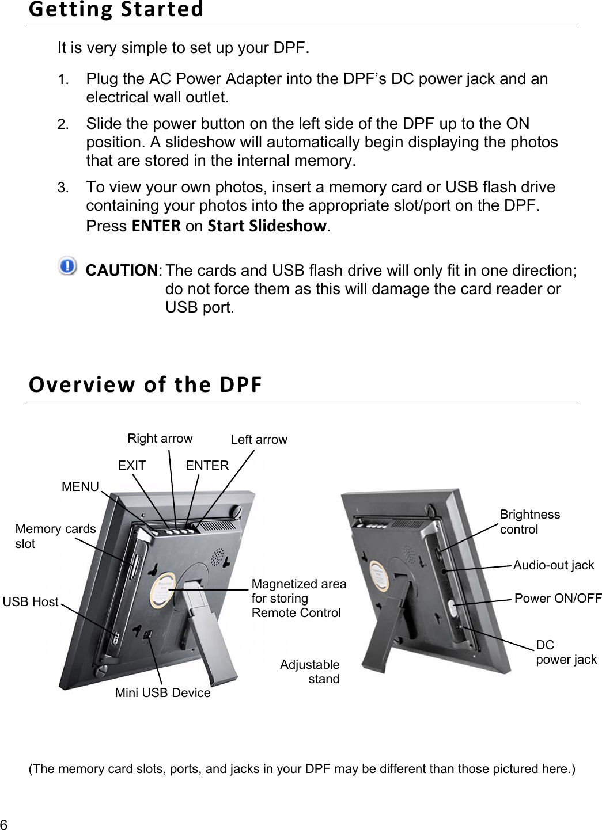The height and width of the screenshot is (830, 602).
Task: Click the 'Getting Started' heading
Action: point(116,10)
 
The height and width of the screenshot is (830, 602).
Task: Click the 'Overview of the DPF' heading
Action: point(145,384)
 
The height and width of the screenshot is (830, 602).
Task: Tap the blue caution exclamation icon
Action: point(67,266)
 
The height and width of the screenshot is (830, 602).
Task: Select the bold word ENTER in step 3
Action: point(156,226)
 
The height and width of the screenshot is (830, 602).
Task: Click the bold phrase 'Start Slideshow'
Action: point(267,226)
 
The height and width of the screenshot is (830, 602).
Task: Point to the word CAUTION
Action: point(122,271)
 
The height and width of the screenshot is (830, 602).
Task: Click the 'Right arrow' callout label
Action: point(160,439)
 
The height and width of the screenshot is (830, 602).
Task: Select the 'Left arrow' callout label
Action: point(259,440)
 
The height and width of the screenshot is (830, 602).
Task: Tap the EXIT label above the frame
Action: point(131,466)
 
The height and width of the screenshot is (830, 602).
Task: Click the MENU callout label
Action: point(80,487)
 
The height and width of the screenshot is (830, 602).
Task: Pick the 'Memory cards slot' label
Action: point(55,536)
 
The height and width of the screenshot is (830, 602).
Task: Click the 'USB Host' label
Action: point(31,602)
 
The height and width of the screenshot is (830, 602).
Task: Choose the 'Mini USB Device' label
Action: point(162,693)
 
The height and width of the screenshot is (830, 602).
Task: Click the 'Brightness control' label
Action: point(529,522)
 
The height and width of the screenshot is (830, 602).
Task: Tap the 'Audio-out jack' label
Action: point(553,565)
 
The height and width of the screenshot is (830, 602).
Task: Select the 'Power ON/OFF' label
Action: point(557,599)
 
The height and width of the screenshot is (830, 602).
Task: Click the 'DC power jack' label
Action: point(566,652)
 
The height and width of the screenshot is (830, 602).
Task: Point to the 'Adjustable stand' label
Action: point(310,672)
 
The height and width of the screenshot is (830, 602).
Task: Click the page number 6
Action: point(4,823)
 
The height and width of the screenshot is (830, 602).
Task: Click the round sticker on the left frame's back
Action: point(163,591)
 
